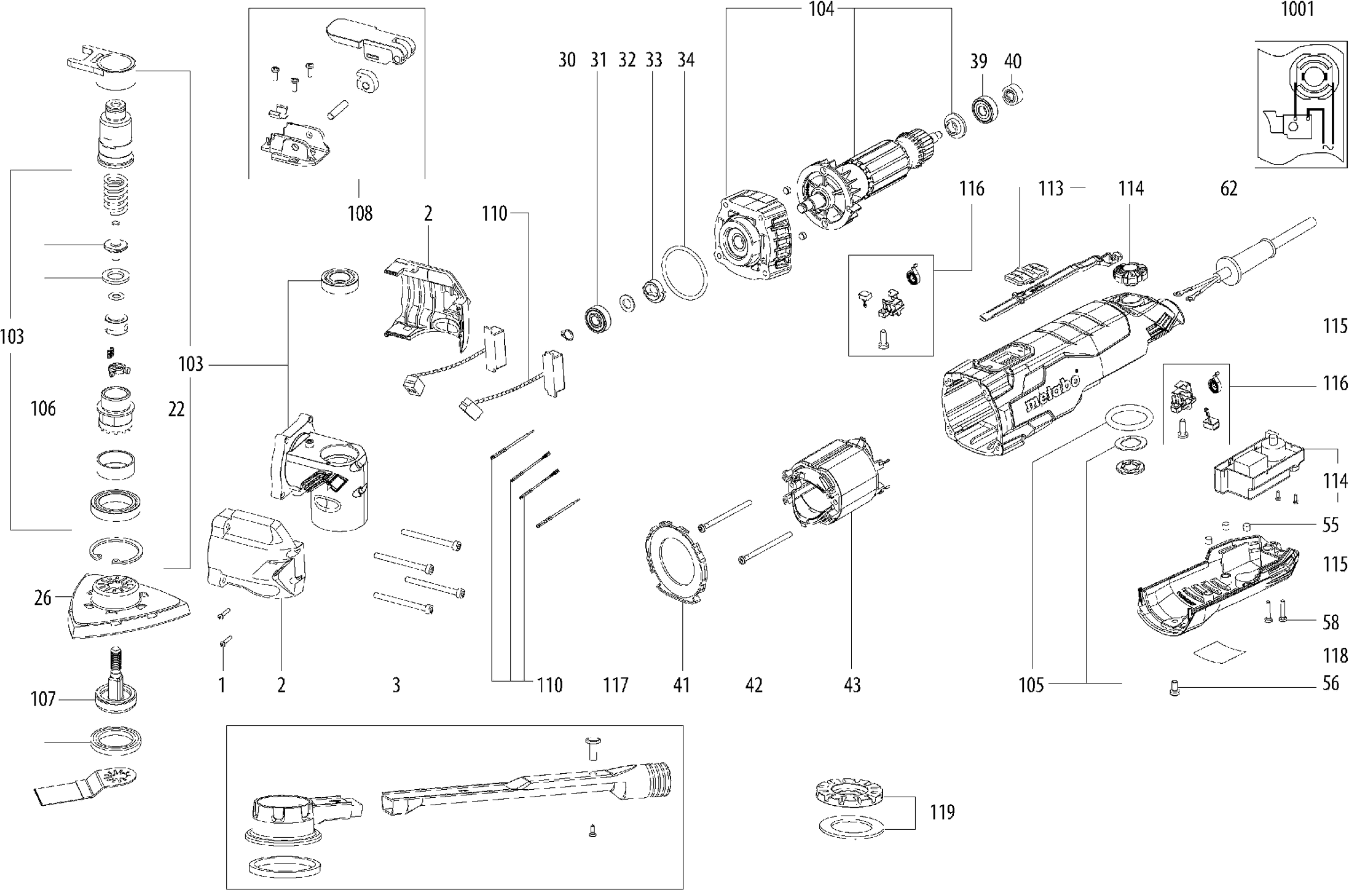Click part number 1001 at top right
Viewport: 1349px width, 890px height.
1297,9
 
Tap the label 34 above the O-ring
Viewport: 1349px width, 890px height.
685,60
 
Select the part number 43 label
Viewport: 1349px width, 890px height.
852,685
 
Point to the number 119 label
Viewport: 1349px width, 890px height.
942,812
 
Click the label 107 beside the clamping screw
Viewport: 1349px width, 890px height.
43,699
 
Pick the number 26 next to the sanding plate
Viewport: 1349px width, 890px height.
42,597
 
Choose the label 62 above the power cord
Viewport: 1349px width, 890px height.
1229,189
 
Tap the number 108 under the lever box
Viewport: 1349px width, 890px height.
360,213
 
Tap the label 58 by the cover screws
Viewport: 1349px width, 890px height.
1330,623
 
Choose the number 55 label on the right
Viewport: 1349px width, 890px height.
1330,525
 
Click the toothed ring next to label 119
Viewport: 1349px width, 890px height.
849,798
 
